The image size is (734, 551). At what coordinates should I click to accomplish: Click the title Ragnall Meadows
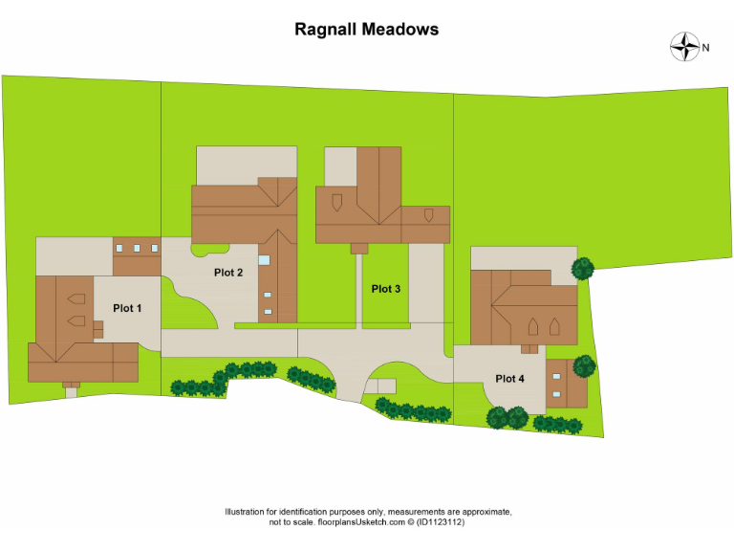coord(367,29)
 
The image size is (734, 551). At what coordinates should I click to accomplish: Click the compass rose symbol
coord(684,47)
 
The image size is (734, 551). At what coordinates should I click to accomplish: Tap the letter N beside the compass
coord(706,47)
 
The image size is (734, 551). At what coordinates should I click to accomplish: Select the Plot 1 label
coord(127,308)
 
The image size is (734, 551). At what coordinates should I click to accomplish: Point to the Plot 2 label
coord(228,273)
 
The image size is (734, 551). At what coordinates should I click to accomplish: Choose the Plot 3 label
coord(386,289)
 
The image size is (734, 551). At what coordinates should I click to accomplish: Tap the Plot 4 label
coord(509,379)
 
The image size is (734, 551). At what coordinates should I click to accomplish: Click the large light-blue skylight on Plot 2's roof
coord(265,259)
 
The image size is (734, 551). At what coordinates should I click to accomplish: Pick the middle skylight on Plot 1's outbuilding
coord(137,248)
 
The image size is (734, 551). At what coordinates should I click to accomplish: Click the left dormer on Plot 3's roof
coord(336,201)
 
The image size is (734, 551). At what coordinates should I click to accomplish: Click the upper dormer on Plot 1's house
coord(76,296)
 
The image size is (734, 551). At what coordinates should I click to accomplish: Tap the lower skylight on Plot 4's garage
coord(556,394)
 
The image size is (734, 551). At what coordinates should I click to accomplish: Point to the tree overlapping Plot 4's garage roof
coord(584,365)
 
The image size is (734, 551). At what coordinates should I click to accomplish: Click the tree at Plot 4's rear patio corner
coord(581,269)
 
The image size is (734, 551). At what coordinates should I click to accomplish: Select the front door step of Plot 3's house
coord(359,249)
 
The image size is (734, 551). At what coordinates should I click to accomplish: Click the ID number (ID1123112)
coord(440,522)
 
